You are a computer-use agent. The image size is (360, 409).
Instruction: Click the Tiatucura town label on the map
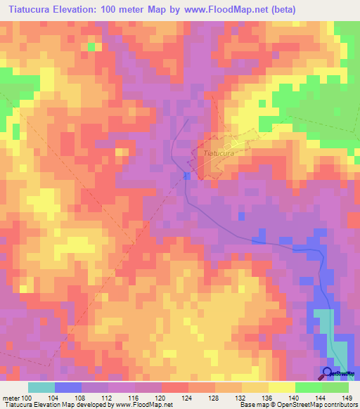(x=218, y=152)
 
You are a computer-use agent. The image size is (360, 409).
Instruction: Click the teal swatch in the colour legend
(x=41, y=387)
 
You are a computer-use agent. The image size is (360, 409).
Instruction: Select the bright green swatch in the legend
(x=308, y=387)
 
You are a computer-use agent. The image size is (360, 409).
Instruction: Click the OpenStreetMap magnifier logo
(x=328, y=374)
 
